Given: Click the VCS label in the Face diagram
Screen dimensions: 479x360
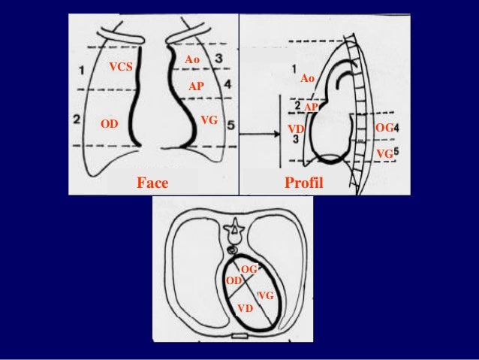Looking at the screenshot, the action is [x=120, y=67].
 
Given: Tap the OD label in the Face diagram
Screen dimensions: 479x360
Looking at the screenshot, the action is [x=110, y=123].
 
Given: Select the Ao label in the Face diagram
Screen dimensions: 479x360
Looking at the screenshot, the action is [x=192, y=59].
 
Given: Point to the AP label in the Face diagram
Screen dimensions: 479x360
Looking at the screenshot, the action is [x=196, y=86].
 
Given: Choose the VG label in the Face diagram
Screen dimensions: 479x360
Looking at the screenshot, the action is [x=209, y=120].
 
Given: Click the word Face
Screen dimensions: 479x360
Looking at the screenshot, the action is [x=152, y=183].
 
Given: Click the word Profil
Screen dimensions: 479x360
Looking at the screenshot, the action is [x=302, y=183].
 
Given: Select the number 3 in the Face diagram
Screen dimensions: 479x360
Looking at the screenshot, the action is [x=217, y=58].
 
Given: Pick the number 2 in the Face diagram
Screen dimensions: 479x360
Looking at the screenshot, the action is [x=77, y=119].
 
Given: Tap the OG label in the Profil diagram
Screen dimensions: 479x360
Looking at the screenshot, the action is [x=384, y=129].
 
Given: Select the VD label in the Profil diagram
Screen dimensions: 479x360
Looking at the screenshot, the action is [x=295, y=129].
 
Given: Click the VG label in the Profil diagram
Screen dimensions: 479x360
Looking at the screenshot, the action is [x=384, y=153].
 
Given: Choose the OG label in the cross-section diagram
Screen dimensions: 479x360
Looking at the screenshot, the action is [x=249, y=268].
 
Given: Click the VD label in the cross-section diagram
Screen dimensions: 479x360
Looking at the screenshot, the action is [x=245, y=309].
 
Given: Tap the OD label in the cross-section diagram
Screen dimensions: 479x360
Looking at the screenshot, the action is [x=233, y=280].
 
